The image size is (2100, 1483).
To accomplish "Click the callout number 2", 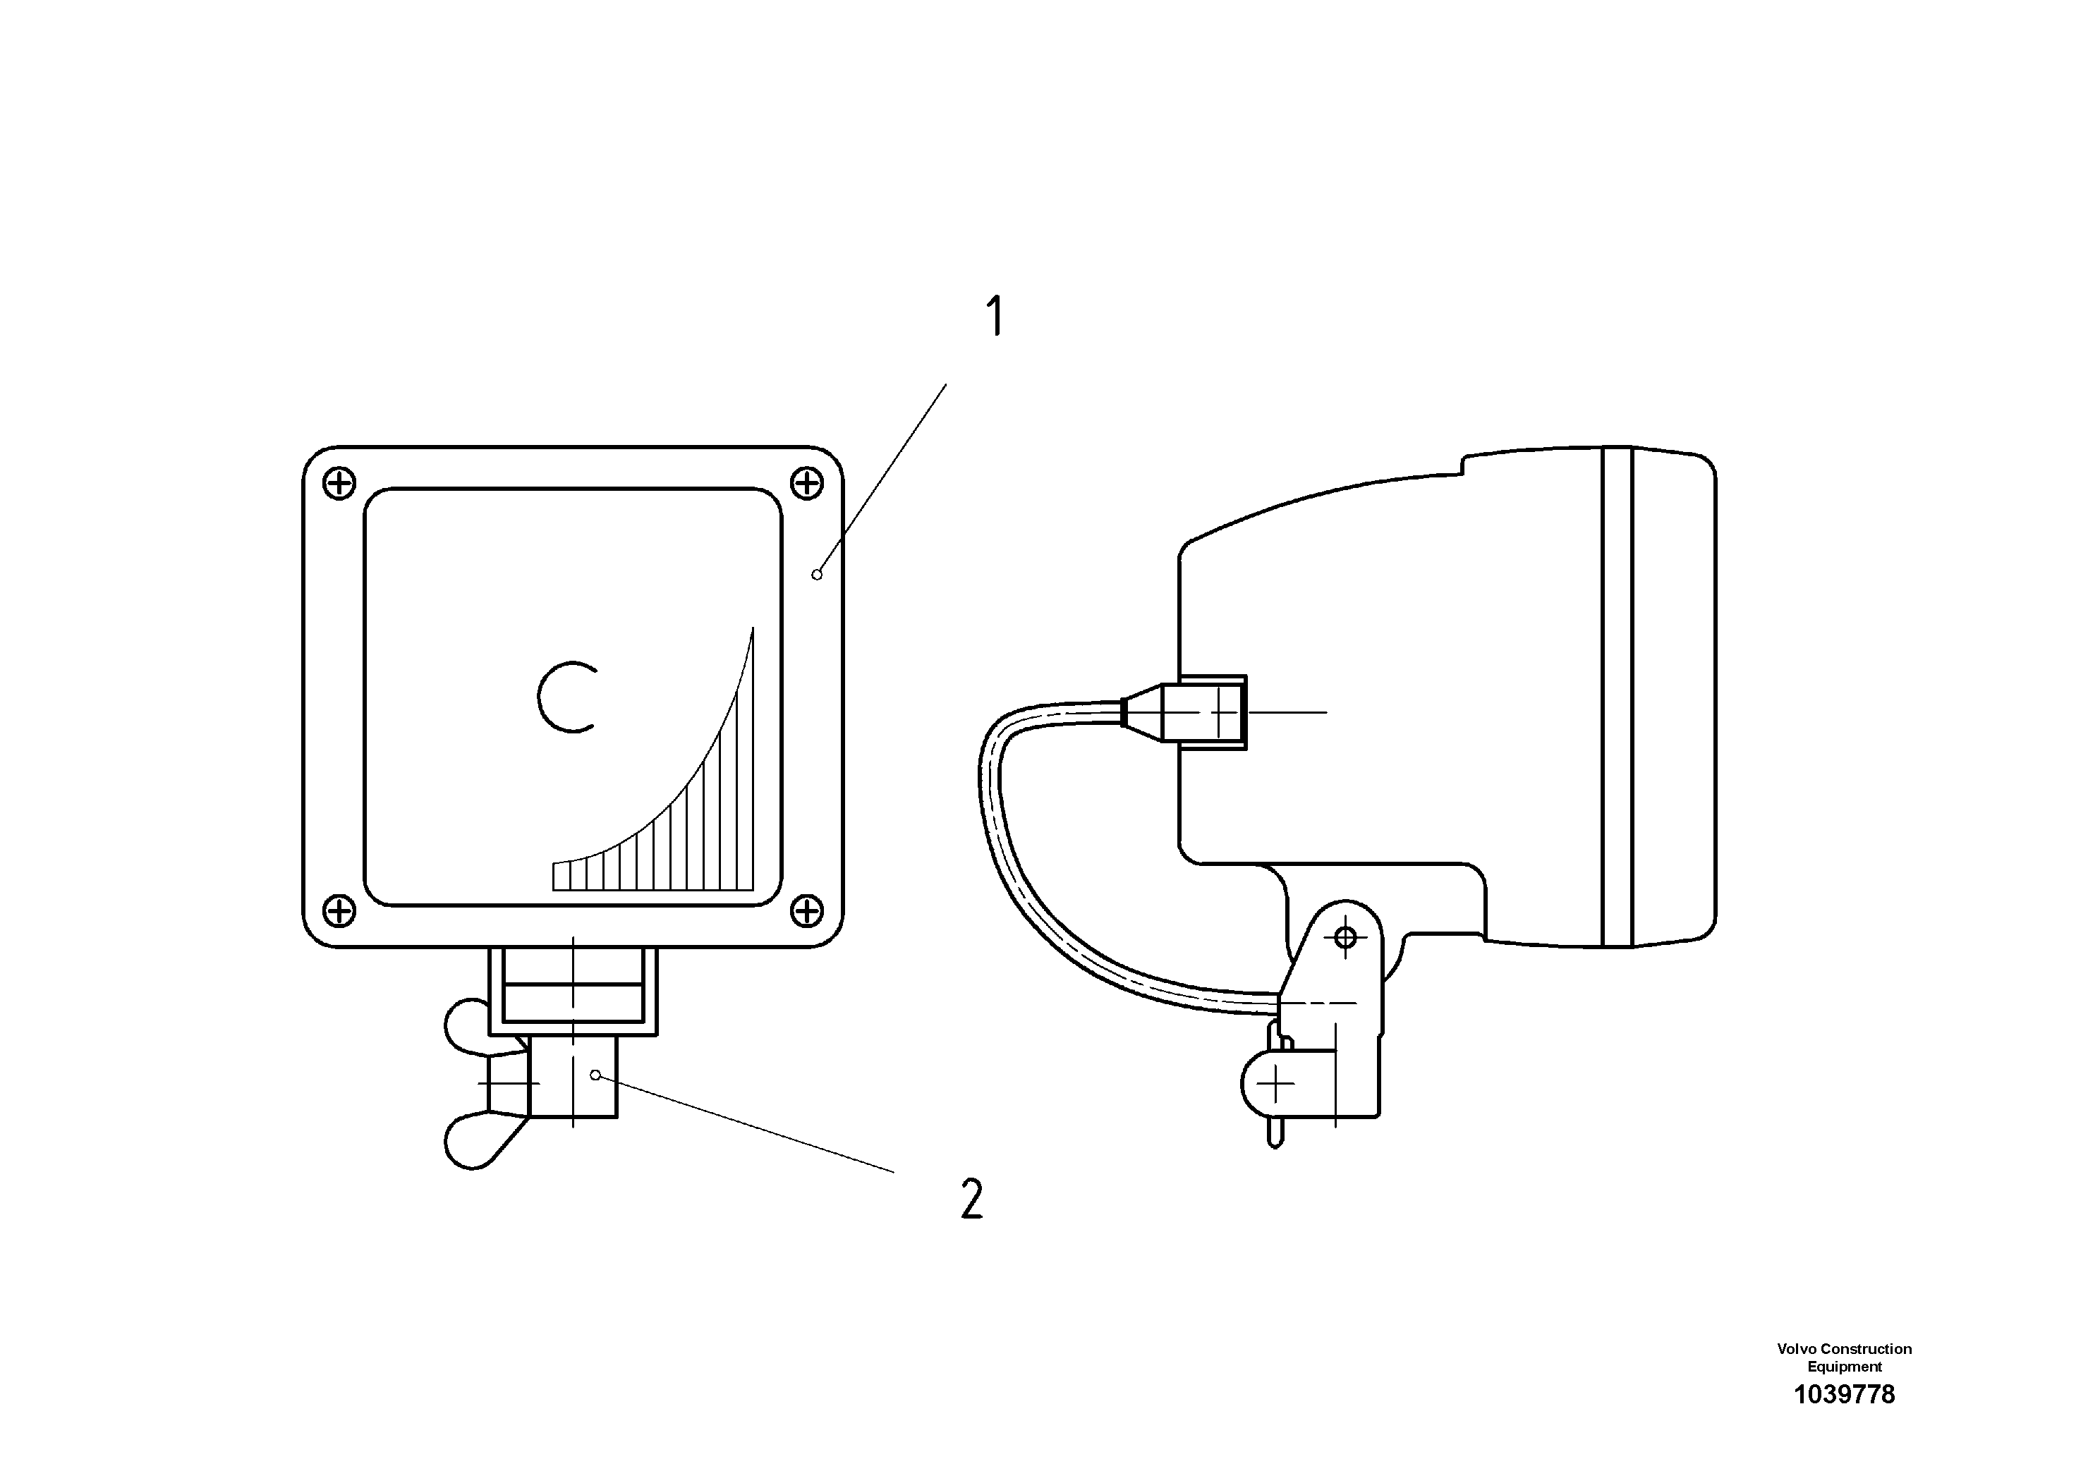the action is (x=972, y=1199).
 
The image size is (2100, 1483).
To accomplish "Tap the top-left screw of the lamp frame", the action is (x=339, y=483).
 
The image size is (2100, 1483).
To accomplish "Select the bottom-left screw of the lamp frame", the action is (x=339, y=910).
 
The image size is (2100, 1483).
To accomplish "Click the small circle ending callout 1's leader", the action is (x=817, y=574).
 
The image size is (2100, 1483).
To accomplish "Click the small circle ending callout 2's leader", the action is (x=595, y=1075).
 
